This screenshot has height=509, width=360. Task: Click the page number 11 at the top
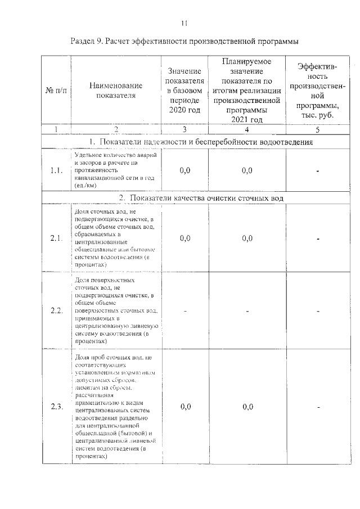(x=183, y=23)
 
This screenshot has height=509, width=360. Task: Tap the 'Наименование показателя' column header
(x=116, y=91)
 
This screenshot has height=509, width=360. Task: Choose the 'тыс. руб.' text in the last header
(x=318, y=114)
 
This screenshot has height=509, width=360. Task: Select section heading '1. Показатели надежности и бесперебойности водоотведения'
(x=201, y=141)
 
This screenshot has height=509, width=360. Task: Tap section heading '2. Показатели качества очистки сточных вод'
(x=201, y=198)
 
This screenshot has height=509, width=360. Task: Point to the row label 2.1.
(x=56, y=238)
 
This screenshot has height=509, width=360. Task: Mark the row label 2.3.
(x=56, y=407)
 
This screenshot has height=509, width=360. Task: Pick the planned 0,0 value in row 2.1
(x=247, y=238)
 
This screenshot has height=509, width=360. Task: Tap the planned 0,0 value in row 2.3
(x=247, y=407)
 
